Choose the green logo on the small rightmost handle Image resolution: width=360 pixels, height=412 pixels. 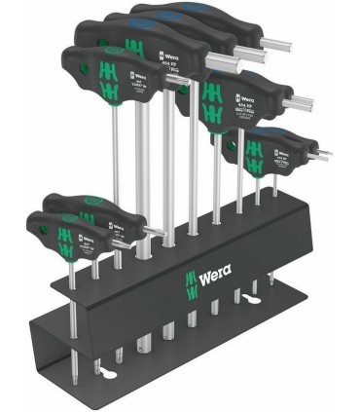click(233, 152)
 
